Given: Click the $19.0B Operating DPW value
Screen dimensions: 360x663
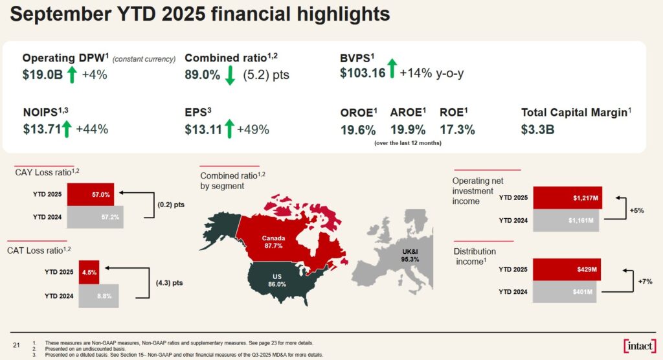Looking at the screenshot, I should tap(43, 74).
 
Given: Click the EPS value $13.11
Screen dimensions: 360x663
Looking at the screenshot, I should tap(203, 129).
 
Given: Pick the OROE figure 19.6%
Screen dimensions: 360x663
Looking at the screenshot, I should tap(358, 129).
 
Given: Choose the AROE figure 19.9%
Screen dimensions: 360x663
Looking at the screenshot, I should tap(407, 129).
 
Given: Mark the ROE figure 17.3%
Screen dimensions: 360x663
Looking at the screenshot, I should tap(457, 129).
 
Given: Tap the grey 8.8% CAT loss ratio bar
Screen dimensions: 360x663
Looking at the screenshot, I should tap(99, 295).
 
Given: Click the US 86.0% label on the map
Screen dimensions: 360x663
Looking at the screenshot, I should tap(277, 280).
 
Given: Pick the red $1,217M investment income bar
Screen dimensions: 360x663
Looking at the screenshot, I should tap(567, 198).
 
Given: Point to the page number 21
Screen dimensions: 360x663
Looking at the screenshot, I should tap(17, 344).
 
